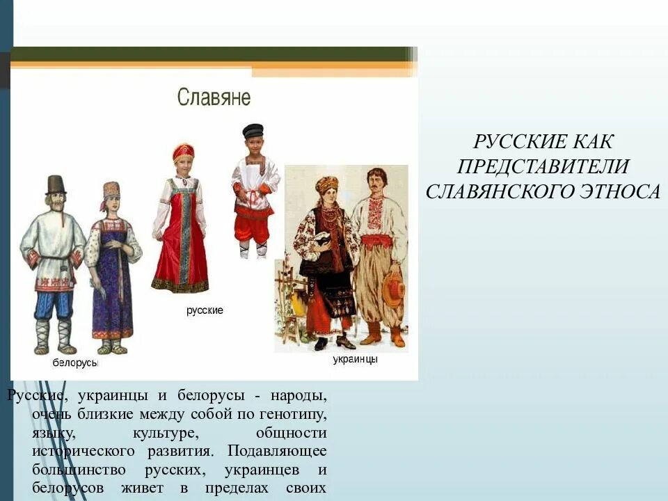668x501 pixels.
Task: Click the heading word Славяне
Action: point(214,97)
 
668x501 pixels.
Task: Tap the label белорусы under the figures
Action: point(75,363)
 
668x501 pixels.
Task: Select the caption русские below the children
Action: point(205,310)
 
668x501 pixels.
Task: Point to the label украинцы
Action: point(355,359)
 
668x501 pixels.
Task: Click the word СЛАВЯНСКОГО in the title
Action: point(496,191)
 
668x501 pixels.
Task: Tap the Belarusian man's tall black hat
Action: point(55,184)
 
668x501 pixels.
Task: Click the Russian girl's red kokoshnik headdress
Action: point(184,151)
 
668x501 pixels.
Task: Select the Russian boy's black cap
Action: point(253,130)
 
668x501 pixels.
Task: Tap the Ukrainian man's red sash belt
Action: point(377,240)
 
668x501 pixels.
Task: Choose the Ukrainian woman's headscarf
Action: point(326,184)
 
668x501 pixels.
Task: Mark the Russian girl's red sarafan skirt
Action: point(180,257)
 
